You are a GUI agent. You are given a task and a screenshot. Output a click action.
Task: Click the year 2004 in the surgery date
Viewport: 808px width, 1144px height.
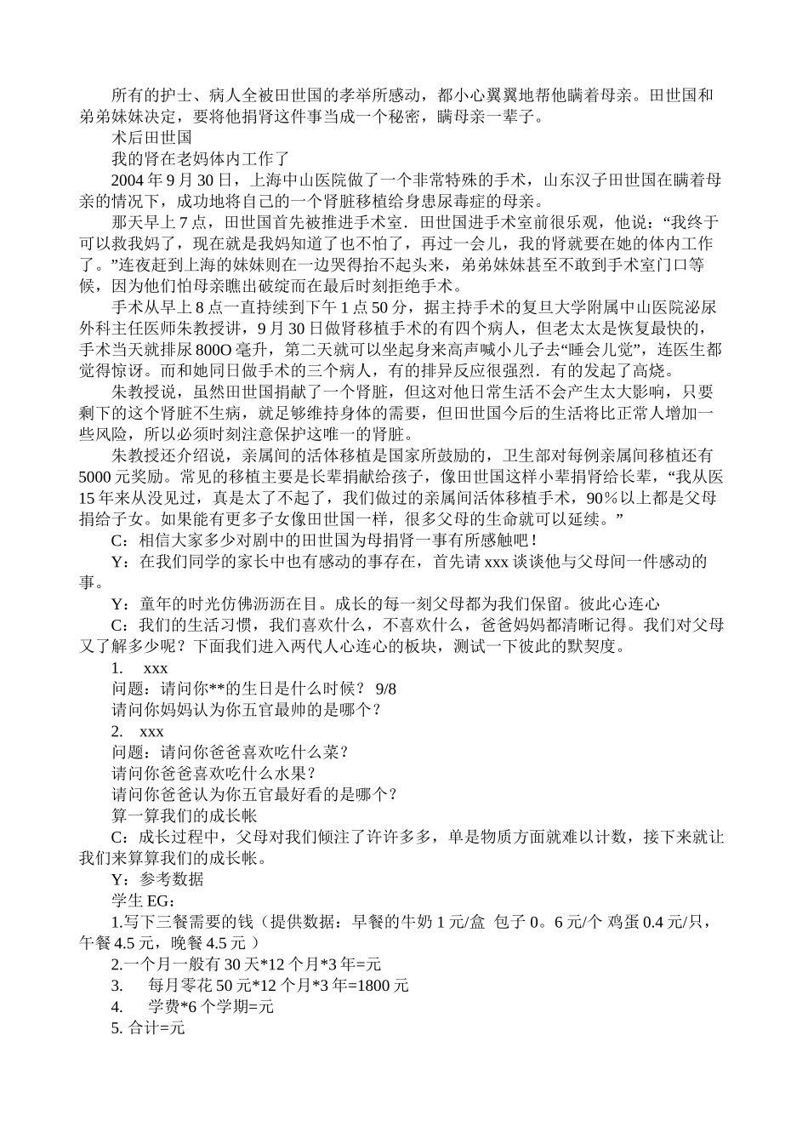(129, 180)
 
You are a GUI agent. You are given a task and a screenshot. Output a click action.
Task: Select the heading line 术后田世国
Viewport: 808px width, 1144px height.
(152, 137)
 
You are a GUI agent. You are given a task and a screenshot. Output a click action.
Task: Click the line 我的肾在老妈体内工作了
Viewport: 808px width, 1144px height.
(201, 158)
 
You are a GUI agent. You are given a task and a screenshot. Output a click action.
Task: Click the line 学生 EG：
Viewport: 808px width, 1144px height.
(144, 901)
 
